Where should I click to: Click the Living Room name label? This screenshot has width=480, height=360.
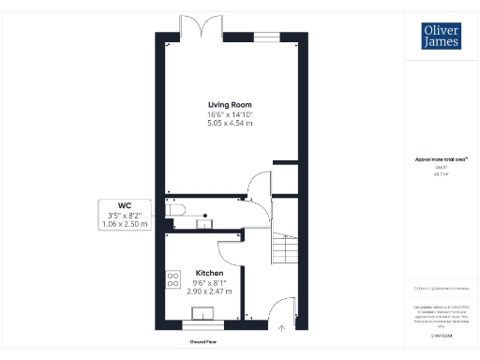(230, 104)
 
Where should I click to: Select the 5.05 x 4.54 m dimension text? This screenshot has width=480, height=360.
(230, 123)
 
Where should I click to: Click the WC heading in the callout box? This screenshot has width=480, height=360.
(123, 205)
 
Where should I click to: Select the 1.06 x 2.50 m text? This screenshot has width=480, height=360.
(123, 225)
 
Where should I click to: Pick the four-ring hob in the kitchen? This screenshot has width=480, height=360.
(172, 278)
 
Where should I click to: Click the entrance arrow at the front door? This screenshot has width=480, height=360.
(282, 328)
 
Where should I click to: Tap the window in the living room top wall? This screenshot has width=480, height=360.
(265, 37)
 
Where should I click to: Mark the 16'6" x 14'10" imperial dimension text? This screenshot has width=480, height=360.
(230, 113)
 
